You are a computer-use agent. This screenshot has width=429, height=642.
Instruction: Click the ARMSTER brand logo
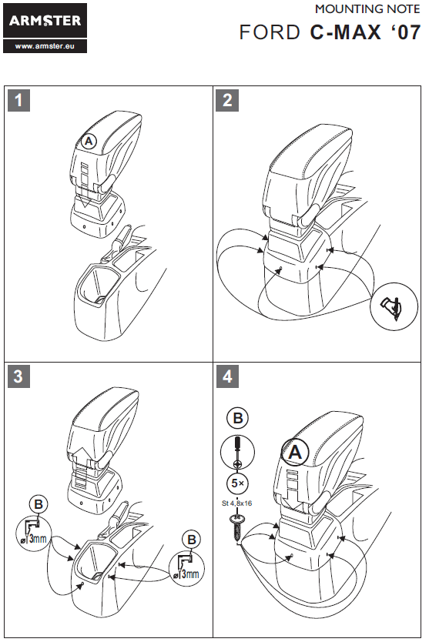tap(45, 21)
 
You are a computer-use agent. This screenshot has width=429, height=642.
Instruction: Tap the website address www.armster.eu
tap(45, 46)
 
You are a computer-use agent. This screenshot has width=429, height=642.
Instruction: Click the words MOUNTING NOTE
tap(367, 9)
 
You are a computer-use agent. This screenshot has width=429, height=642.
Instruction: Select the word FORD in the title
tap(270, 32)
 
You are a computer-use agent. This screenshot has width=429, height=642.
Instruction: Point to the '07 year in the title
tap(404, 32)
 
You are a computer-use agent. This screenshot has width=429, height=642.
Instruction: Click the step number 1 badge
tap(18, 100)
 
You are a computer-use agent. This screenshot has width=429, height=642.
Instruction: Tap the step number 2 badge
tap(227, 100)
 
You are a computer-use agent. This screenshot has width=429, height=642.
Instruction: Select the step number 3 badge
tap(18, 376)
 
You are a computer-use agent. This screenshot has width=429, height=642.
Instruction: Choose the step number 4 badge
tap(227, 376)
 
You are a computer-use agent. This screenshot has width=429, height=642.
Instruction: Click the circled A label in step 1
tap(89, 142)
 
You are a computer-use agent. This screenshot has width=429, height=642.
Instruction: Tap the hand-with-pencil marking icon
tap(394, 306)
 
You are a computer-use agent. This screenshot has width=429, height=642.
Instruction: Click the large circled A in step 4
tap(295, 452)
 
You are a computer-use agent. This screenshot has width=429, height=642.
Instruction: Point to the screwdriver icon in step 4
tap(238, 452)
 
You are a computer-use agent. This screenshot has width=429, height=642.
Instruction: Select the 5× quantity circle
tap(238, 483)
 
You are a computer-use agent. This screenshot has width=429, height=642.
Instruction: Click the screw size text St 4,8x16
tap(236, 503)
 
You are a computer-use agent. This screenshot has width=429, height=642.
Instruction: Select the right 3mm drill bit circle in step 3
tap(186, 569)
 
